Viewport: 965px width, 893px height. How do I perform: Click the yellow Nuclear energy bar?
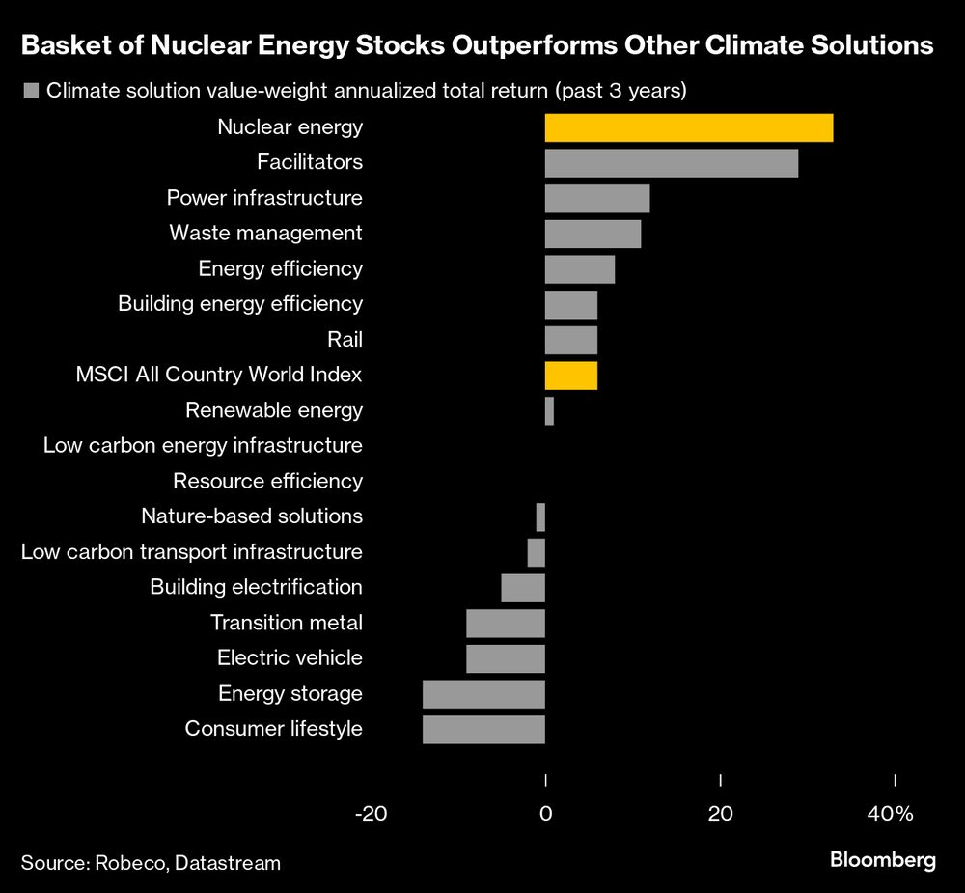pyautogui.click(x=689, y=127)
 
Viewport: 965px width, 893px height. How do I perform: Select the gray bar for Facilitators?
pyautogui.click(x=672, y=163)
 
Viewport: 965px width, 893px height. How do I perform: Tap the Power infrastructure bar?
pyautogui.click(x=597, y=198)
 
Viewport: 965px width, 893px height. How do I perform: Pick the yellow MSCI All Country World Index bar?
pyautogui.click(x=571, y=376)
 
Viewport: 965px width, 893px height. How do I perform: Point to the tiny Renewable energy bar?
pyautogui.click(x=549, y=411)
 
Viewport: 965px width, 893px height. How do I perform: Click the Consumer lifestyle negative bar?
pyautogui.click(x=483, y=729)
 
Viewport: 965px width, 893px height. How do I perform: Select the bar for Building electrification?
pyautogui.click(x=523, y=587)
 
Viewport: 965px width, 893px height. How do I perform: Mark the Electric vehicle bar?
pyautogui.click(x=506, y=658)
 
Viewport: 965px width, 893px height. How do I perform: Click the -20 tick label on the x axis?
pyautogui.click(x=371, y=814)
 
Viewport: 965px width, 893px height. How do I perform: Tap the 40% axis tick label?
pyautogui.click(x=890, y=814)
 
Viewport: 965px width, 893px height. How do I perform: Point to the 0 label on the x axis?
pyautogui.click(x=545, y=814)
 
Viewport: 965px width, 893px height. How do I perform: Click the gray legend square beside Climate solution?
pyautogui.click(x=30, y=92)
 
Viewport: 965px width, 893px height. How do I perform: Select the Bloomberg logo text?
pyautogui.click(x=883, y=860)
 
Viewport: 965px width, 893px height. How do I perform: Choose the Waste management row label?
pyautogui.click(x=265, y=233)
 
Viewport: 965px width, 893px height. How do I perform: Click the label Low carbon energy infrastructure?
pyautogui.click(x=203, y=446)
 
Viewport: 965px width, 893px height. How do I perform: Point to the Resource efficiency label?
pyautogui.click(x=267, y=481)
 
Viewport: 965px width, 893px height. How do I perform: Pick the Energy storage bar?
pyautogui.click(x=483, y=694)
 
